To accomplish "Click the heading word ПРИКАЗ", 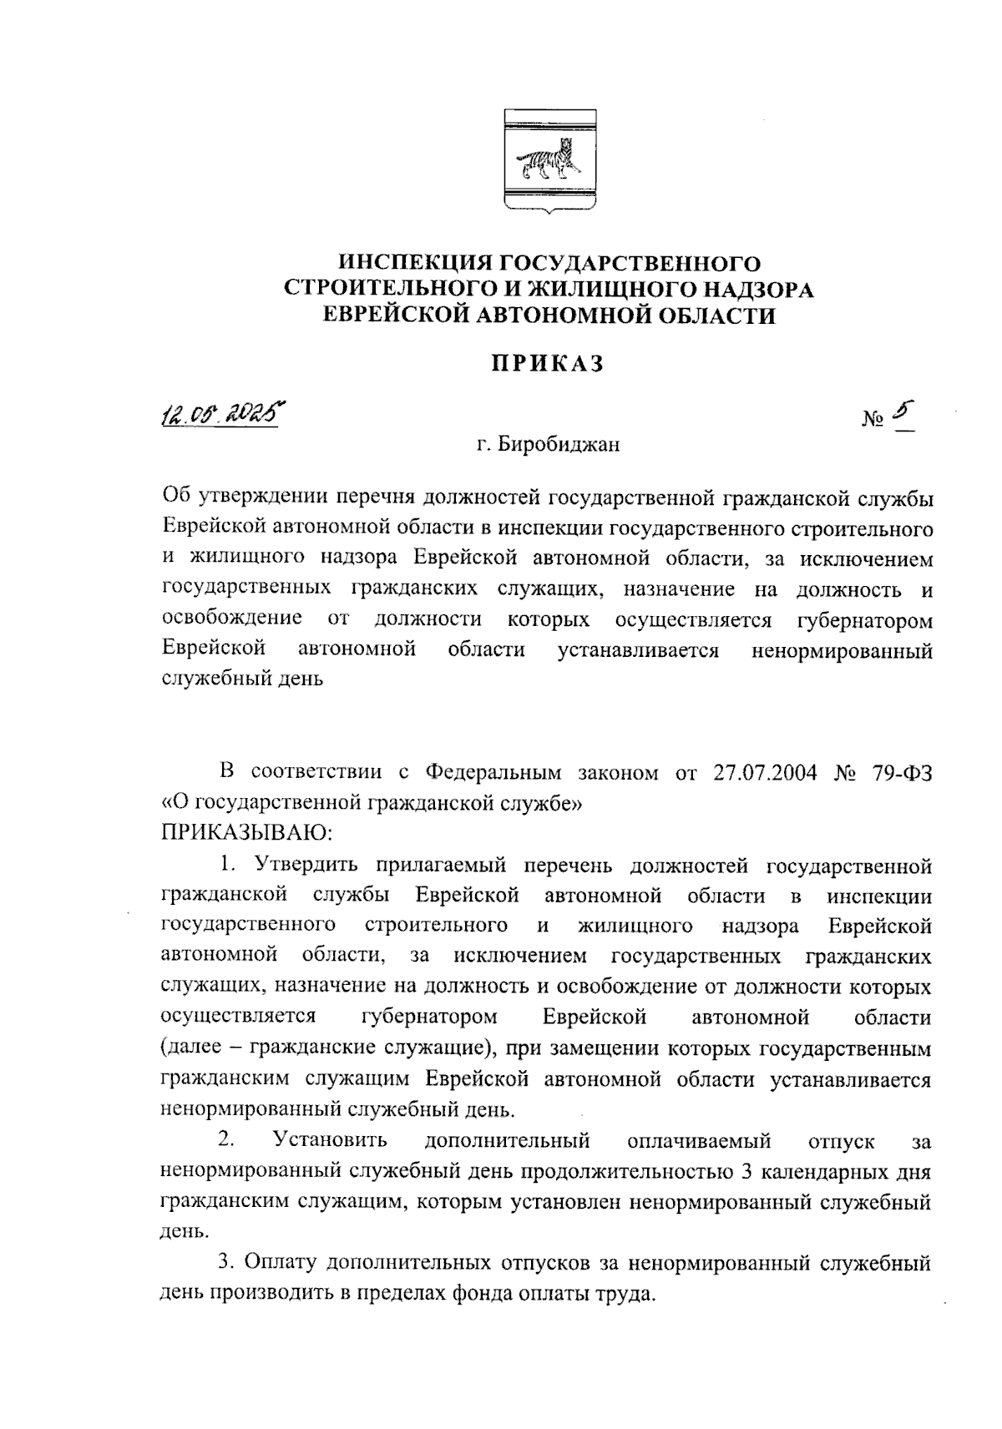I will (x=546, y=365).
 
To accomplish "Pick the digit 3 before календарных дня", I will (x=747, y=1171).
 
